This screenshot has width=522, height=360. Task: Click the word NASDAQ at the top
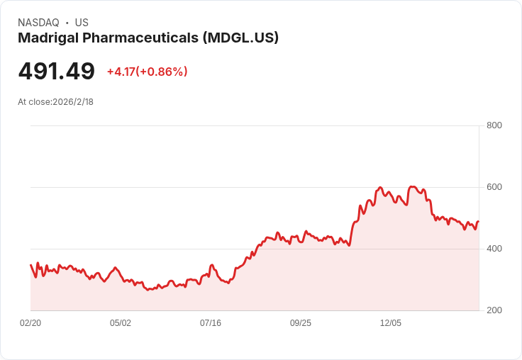(x=38, y=23)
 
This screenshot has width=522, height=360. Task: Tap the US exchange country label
(x=82, y=23)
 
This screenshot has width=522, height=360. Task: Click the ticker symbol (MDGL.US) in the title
(x=240, y=38)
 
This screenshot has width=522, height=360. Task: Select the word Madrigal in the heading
(x=48, y=38)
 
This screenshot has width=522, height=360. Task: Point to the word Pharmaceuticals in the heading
(x=140, y=38)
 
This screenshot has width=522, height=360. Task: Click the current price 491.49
(x=57, y=71)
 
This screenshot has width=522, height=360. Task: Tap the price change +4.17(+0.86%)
(x=147, y=72)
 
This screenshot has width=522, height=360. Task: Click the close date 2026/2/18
(x=73, y=102)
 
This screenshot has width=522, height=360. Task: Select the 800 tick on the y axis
(x=494, y=125)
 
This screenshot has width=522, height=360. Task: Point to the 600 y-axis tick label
(x=494, y=187)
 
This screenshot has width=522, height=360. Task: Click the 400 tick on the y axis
(x=494, y=249)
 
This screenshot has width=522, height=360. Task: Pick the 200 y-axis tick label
(x=494, y=310)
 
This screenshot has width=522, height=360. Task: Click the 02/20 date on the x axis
(x=30, y=323)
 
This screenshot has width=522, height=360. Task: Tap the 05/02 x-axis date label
(x=121, y=323)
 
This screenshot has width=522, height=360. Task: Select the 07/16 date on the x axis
(x=211, y=323)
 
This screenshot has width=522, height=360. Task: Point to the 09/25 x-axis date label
(x=301, y=323)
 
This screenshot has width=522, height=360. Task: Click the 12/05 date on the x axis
(x=391, y=323)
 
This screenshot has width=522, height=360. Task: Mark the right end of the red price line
(x=479, y=221)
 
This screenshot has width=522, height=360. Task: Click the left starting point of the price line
(x=31, y=265)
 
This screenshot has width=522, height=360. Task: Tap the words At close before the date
(x=34, y=102)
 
